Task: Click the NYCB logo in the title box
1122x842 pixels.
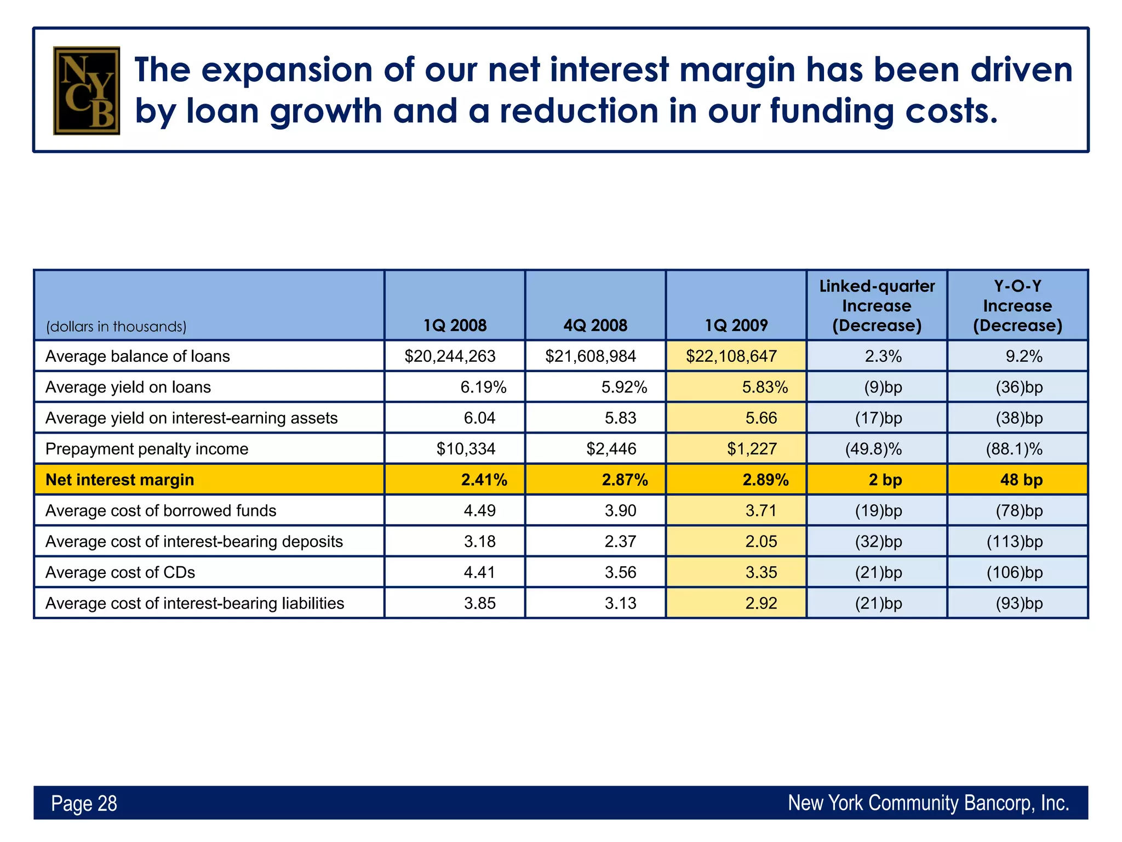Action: click(x=86, y=90)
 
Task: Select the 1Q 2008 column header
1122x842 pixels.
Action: click(x=455, y=325)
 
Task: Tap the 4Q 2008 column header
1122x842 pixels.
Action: click(x=595, y=325)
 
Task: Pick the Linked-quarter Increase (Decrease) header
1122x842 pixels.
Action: click(x=877, y=305)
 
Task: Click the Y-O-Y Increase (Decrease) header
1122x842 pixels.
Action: click(x=1017, y=305)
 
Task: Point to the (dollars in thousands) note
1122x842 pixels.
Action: click(x=116, y=327)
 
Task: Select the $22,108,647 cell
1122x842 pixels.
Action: click(x=731, y=356)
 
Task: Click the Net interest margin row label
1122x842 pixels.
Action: click(x=119, y=480)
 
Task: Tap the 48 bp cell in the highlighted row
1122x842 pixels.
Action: click(x=1021, y=480)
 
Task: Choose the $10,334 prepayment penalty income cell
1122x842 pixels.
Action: click(x=466, y=449)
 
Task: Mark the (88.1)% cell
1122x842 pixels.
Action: click(x=1014, y=449)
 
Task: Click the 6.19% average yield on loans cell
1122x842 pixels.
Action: click(x=483, y=388)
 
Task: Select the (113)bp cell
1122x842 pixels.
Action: click(x=1015, y=542)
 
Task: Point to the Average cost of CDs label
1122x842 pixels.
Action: click(x=120, y=572)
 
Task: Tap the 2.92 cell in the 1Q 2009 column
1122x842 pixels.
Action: click(x=761, y=603)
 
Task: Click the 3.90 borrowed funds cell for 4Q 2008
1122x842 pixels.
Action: click(x=620, y=510)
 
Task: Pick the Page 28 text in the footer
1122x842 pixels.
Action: click(x=84, y=803)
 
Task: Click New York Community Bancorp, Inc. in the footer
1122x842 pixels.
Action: click(x=928, y=803)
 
